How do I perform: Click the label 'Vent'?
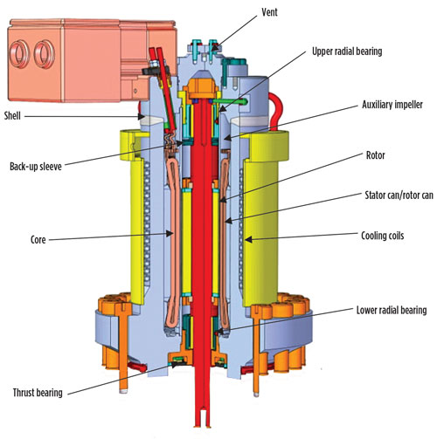(x=269, y=12)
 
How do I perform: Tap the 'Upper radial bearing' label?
(x=347, y=51)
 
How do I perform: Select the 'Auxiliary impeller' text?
(x=392, y=105)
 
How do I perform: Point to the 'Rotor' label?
(x=375, y=155)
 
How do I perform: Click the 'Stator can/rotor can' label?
(x=399, y=195)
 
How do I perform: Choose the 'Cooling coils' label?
(x=383, y=236)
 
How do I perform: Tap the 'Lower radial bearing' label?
(x=392, y=310)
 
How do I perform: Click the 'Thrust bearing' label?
(x=38, y=393)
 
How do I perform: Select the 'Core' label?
(x=38, y=240)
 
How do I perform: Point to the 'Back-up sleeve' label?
(x=36, y=167)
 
